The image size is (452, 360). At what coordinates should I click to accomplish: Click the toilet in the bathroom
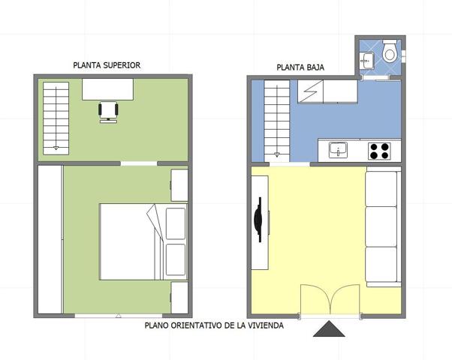[x=390, y=51]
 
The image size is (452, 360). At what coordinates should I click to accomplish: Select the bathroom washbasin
[x=366, y=61]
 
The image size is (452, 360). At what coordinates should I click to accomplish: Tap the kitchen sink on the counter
[x=338, y=150]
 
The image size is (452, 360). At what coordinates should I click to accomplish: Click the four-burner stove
[x=379, y=151]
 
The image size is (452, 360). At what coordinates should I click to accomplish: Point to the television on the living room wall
[x=259, y=220]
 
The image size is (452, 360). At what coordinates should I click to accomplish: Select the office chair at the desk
[x=108, y=112]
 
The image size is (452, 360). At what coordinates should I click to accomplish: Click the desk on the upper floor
[x=107, y=89]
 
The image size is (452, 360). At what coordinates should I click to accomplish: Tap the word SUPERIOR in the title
[x=122, y=65]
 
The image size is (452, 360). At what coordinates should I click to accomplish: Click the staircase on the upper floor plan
[x=56, y=118]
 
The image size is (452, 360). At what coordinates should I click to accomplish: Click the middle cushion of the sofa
[x=381, y=226]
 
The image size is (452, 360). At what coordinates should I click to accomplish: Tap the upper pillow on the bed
[x=176, y=223]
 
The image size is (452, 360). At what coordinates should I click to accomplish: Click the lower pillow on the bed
[x=176, y=259]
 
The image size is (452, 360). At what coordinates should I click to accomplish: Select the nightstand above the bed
[x=179, y=185]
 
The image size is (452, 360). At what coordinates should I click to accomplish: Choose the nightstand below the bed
[x=179, y=298]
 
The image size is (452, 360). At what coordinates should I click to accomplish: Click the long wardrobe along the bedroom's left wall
[x=50, y=239]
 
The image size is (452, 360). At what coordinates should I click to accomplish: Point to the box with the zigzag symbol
[x=310, y=91]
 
